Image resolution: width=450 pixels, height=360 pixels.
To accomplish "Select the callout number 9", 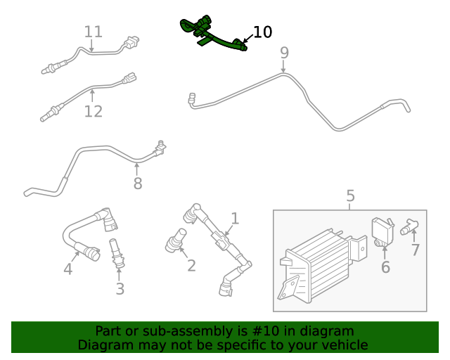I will tap(284, 53).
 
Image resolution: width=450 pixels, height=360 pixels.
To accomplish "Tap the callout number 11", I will tap(94, 32).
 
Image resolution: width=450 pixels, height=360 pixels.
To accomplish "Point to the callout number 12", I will tap(94, 111).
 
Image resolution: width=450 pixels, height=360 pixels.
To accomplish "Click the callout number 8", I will tap(138, 184).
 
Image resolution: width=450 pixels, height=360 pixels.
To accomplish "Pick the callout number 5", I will tap(350, 196).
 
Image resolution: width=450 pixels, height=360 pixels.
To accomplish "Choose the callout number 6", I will tap(385, 266).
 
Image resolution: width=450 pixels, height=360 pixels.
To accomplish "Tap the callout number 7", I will tap(416, 250).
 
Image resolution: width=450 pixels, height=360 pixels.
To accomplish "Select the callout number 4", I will tap(68, 269).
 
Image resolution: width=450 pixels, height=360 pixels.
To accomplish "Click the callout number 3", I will tap(120, 288).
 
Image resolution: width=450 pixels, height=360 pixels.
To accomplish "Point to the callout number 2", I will tap(191, 265).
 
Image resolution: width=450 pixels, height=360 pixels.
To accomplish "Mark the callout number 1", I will tap(235, 219).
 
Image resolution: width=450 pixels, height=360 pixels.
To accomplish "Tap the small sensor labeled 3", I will tap(116, 254).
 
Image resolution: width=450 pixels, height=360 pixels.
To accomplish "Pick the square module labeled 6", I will tap(382, 229).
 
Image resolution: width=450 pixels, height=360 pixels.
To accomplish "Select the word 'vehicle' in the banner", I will tap(343, 345).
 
